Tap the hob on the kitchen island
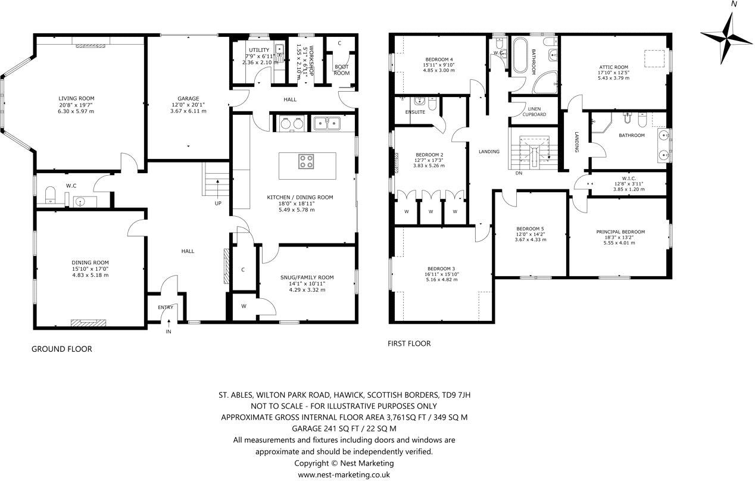pos(306,161)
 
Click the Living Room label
pos(76,99)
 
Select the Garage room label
pos(188,99)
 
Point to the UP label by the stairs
pos(217,203)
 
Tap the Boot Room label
pos(341,70)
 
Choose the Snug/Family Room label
pos(307,277)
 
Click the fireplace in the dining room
pos(88,323)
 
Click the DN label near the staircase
pos(518,174)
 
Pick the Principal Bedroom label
pos(620,232)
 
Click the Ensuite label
pos(415,111)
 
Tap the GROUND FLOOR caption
pos(61,349)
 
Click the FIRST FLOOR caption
pos(408,343)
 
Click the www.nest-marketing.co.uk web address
pos(344,474)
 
